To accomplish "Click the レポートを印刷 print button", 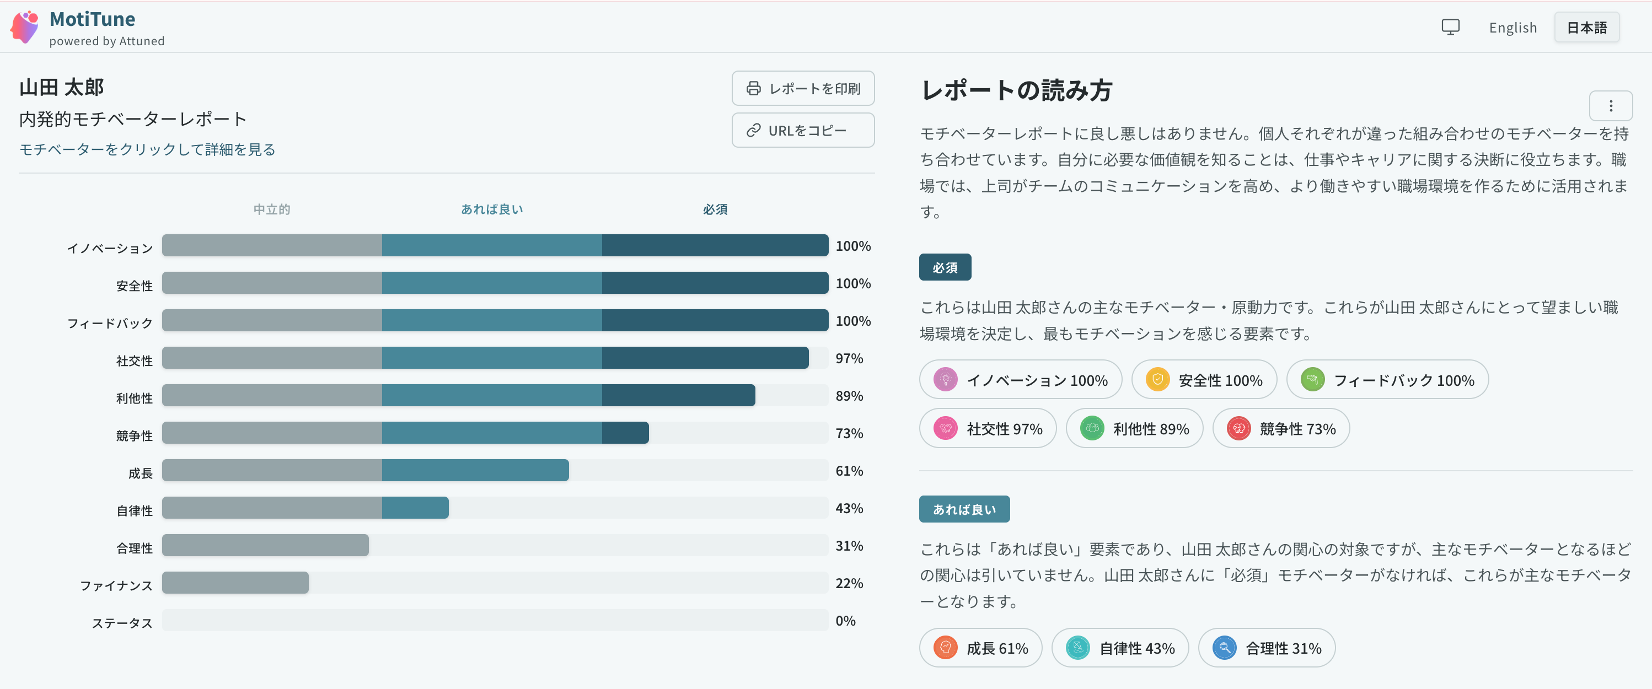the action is point(803,88).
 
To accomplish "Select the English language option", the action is point(1513,28).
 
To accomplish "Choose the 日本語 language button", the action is point(1586,28).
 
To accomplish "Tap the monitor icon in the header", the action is point(1451,27).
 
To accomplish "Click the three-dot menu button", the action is point(1610,106).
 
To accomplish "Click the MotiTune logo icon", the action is point(25,27).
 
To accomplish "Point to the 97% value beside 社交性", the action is point(849,358).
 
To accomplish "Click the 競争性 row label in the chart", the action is point(135,436).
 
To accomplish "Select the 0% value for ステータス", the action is point(845,621).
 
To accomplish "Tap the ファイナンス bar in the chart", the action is point(235,583).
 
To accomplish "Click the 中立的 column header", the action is point(272,209).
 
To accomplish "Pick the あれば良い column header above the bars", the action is point(492,209).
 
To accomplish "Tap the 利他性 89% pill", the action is point(1134,428).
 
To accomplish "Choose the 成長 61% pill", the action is point(980,648).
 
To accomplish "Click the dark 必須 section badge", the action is point(945,267).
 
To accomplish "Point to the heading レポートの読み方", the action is point(1016,90).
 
